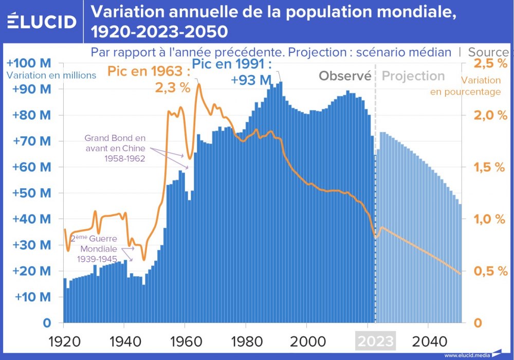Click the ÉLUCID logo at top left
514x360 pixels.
[x=42, y=22]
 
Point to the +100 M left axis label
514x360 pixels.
[x=29, y=63]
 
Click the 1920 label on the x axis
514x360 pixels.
[x=64, y=341]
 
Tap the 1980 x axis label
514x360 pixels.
[x=246, y=341]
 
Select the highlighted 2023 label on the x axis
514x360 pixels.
[x=376, y=341]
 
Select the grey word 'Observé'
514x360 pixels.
[x=345, y=76]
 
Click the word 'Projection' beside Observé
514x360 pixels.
[x=413, y=76]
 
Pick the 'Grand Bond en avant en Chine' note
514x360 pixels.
[x=115, y=149]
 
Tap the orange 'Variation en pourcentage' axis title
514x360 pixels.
[x=481, y=86]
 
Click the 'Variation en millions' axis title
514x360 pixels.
[x=51, y=75]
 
